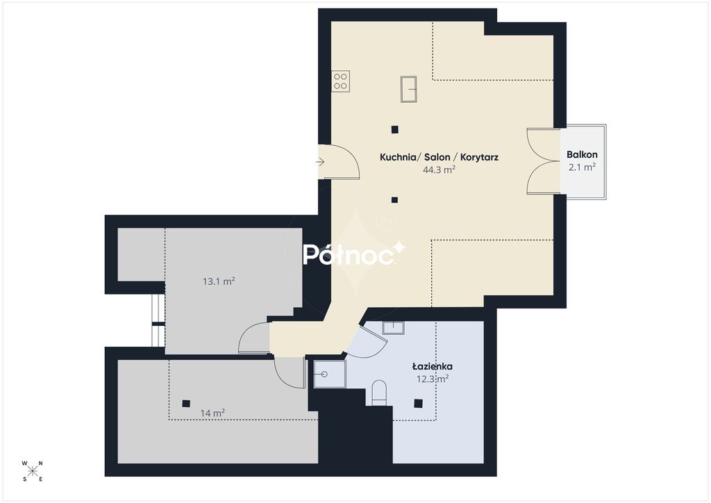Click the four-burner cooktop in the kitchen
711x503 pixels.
(340, 82)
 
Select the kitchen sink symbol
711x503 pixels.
(408, 89)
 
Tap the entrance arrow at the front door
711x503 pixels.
(321, 162)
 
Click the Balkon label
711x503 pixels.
(582, 155)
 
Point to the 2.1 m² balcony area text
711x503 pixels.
(582, 167)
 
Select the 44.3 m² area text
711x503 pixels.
(439, 170)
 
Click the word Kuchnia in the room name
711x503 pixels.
(398, 158)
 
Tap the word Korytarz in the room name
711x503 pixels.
(479, 158)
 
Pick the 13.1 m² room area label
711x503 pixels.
(219, 281)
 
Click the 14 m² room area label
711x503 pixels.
(212, 413)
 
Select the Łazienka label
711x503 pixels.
(432, 366)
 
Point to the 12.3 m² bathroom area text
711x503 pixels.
(433, 379)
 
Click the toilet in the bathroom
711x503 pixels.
(379, 393)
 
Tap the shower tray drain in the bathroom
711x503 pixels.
(324, 374)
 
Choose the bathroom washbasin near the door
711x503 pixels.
(393, 327)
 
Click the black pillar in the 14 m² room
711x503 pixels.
(186, 403)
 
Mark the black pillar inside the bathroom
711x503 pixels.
(418, 403)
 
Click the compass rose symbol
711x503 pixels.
(32, 471)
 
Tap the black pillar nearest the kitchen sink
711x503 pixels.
(395, 130)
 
